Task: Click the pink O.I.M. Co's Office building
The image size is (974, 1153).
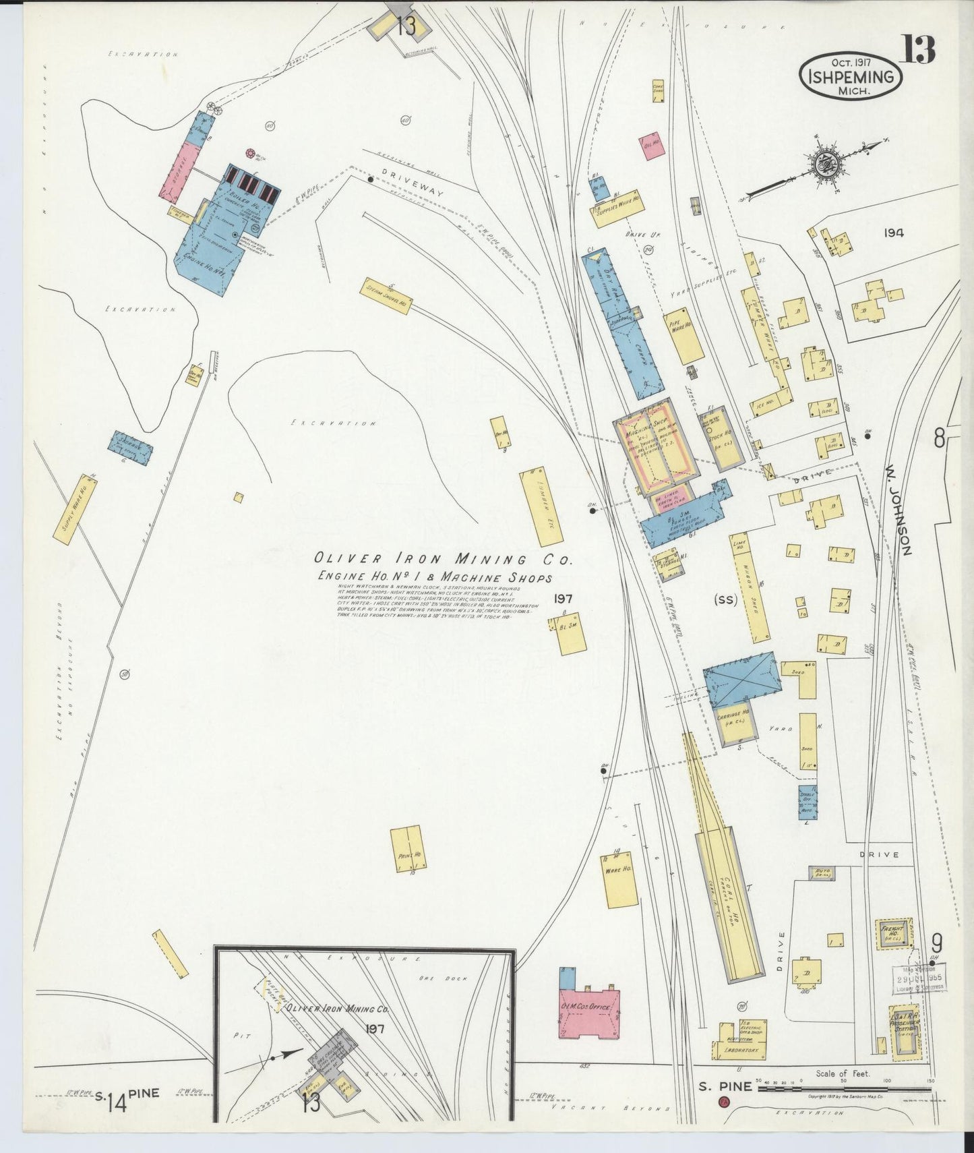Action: [x=590, y=1013]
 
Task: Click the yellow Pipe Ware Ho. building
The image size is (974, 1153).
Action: [x=683, y=336]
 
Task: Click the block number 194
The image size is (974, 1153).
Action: [x=894, y=233]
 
